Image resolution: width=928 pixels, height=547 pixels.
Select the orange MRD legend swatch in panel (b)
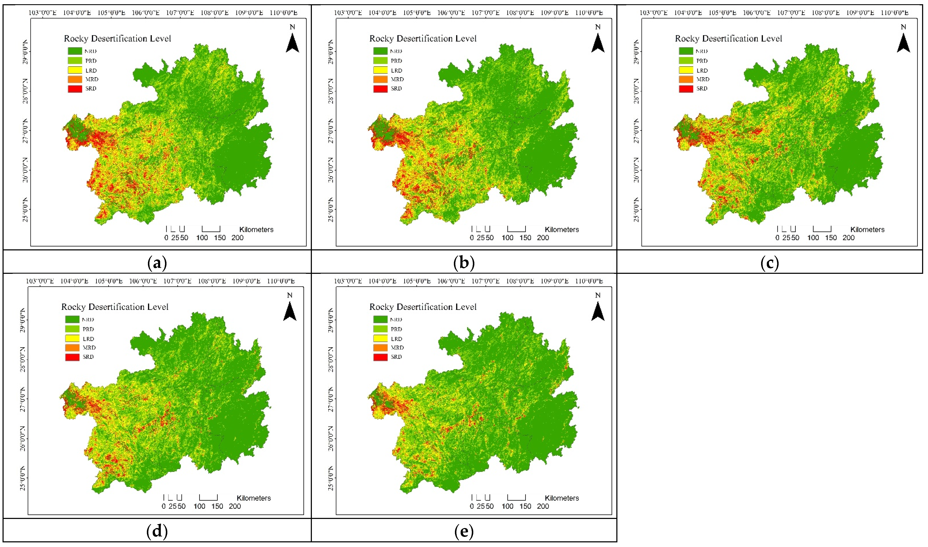point(380,79)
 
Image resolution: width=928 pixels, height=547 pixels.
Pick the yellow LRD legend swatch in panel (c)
point(686,70)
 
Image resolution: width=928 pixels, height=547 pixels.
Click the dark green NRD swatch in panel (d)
point(72,319)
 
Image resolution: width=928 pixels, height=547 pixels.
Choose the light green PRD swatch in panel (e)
point(380,329)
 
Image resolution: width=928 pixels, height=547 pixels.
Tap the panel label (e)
point(464,531)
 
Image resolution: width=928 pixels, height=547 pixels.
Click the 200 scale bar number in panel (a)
point(237,238)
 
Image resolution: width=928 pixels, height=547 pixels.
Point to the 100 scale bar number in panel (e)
point(507,506)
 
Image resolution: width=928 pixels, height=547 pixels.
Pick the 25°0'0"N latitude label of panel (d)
point(23,478)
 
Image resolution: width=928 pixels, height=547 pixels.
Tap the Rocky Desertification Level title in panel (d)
point(115,307)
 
